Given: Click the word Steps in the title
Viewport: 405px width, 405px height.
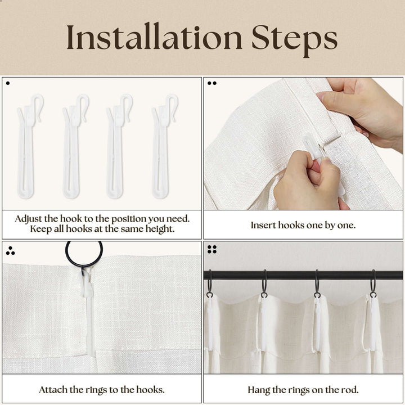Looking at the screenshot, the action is [x=294, y=40].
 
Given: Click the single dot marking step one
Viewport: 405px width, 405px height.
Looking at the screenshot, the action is [x=8, y=83].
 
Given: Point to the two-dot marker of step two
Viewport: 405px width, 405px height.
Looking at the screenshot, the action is [x=212, y=83].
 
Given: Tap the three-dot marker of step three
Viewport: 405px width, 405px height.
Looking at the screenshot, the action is [x=10, y=251].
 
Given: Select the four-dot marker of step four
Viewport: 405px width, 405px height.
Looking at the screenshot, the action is [x=212, y=249].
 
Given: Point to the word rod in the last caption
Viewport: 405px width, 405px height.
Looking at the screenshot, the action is [x=351, y=390].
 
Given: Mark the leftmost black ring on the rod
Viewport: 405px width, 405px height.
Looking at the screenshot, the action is [x=209, y=283].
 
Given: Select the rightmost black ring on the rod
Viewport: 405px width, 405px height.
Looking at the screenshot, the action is [x=373, y=283].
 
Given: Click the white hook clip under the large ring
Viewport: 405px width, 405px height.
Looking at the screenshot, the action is [x=87, y=287].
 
